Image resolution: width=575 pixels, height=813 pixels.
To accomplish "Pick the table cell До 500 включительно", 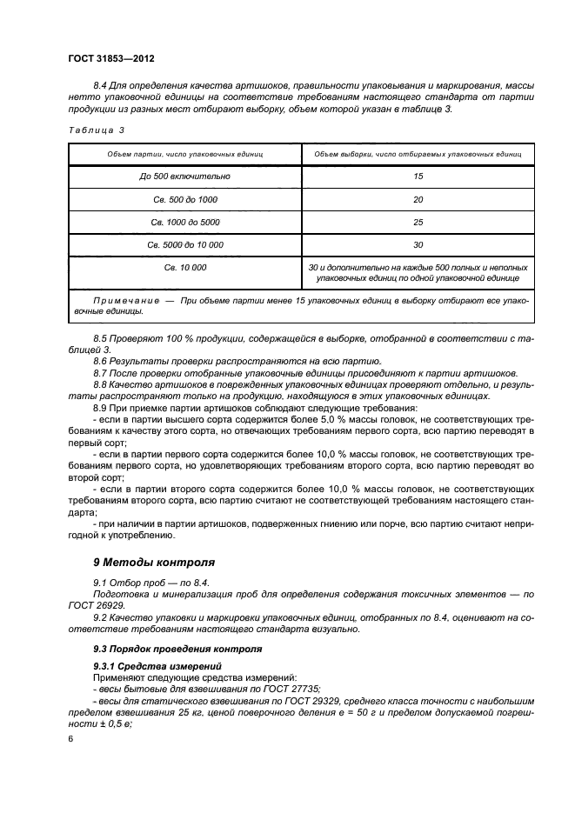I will [x=184, y=177].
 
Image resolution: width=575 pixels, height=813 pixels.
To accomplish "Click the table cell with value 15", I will [x=418, y=177].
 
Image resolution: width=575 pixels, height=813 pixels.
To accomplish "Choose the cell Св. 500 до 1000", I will [x=184, y=199].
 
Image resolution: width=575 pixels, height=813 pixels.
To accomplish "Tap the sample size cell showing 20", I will [x=418, y=199].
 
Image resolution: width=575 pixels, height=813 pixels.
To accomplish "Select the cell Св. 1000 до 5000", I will [x=184, y=222].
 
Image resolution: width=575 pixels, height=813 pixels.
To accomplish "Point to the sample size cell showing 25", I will [x=418, y=222].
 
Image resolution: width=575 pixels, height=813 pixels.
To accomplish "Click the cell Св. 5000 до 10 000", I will [x=184, y=244].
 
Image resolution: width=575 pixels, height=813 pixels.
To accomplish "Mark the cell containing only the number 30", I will [x=418, y=244].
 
